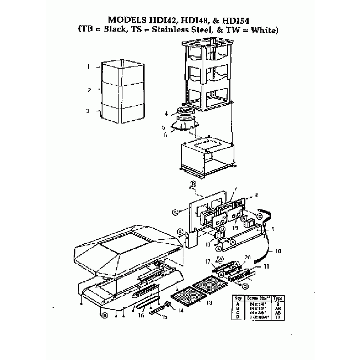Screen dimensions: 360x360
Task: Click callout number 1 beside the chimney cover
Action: click(89, 66)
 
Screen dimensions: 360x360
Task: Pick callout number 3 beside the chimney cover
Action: click(88, 111)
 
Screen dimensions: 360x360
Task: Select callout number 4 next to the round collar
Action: click(166, 114)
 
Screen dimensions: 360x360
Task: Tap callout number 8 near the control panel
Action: click(256, 195)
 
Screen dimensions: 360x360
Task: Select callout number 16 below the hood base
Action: click(141, 315)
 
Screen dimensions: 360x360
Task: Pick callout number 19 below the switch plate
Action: click(235, 228)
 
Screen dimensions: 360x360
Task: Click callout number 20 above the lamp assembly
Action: click(248, 256)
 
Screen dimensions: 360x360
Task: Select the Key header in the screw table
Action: click(236, 297)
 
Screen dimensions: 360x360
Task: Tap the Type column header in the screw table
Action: click(278, 297)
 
